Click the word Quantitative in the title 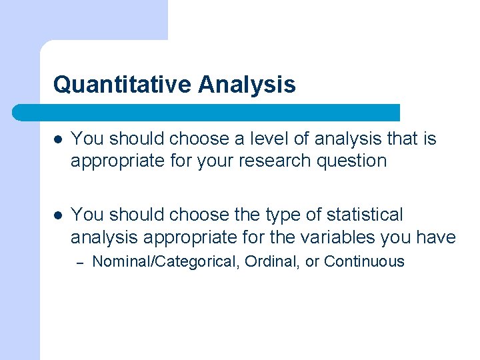122,85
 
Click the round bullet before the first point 59,139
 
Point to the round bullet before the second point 59,215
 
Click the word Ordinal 272,261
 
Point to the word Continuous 364,261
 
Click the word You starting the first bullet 87,139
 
